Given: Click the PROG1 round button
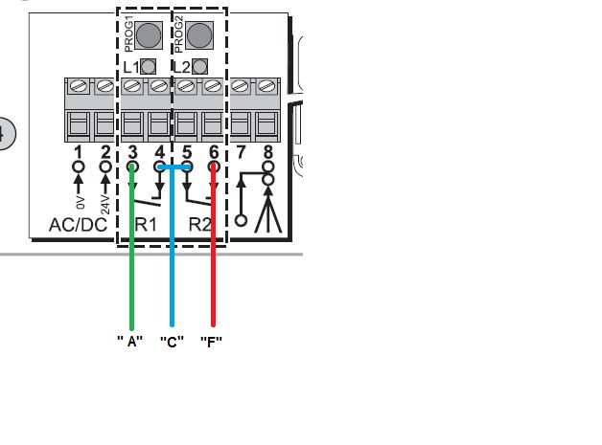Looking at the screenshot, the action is pos(149,34).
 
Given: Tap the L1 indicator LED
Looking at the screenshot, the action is pos(149,67).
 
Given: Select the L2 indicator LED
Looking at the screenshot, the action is pos(199,67).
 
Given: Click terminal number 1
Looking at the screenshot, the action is pos(79,152).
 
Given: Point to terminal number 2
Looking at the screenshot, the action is pos(105,152).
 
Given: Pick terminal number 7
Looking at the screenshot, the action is pos(241,152).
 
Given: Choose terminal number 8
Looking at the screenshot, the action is pos(268,152).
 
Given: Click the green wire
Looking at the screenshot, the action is pos(132,247).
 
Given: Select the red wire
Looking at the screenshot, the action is pos(214,245).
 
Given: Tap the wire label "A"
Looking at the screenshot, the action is pos(130,341).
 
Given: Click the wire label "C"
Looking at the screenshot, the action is pos(172,341).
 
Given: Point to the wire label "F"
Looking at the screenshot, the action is pos(212,341).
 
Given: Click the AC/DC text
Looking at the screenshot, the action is pos(79,225).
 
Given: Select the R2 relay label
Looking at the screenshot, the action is pos(199,225).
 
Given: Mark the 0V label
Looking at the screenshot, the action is pos(80,202).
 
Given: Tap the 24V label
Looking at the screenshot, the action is pos(104,205).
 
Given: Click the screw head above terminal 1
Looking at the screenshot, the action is pos(79,86).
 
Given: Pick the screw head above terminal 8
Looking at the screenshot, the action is pos(267,86).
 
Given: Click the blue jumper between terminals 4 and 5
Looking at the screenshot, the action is pos(174,167).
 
